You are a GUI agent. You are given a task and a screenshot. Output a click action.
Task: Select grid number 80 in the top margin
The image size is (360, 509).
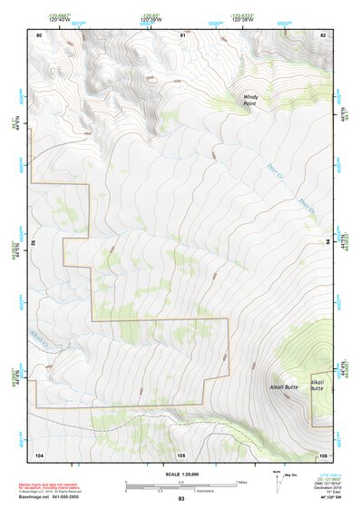tap(39, 34)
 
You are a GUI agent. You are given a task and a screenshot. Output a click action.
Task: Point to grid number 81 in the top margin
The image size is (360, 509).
tap(182, 34)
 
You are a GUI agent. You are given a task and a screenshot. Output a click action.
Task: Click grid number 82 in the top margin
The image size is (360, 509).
tap(322, 34)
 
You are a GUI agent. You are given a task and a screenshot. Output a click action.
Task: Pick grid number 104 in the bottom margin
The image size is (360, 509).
tap(39, 454)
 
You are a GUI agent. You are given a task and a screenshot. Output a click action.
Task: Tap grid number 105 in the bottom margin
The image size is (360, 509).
tap(181, 454)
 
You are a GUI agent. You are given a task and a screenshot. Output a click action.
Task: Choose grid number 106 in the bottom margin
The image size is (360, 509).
tap(322, 454)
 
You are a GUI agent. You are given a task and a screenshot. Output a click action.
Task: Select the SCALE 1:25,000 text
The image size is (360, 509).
tap(181, 474)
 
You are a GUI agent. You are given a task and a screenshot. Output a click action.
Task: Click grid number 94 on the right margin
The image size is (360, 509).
tap(328, 242)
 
